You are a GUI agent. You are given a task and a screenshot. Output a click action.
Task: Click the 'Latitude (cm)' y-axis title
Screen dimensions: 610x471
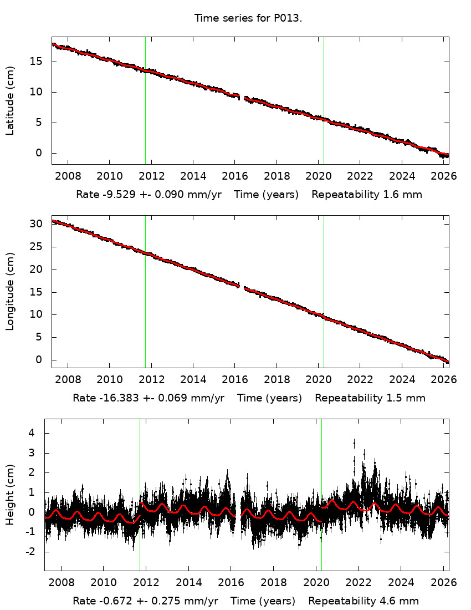click(10, 100)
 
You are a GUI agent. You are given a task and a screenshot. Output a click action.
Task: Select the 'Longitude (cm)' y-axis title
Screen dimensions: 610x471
click(10, 291)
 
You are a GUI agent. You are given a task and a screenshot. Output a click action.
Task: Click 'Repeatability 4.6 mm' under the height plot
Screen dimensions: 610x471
click(364, 601)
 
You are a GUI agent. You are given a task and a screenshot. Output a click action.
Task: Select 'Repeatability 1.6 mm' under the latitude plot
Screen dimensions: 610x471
click(367, 195)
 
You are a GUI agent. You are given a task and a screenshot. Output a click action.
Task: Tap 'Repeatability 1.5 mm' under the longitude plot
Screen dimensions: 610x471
click(370, 398)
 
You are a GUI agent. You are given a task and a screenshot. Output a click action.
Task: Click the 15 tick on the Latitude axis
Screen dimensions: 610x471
click(39, 62)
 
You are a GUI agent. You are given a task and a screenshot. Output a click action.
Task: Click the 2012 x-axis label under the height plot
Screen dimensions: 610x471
click(146, 583)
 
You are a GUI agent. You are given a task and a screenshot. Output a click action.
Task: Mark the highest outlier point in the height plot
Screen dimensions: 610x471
click(354, 441)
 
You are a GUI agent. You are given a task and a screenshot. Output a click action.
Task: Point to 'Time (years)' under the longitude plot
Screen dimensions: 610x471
click(270, 398)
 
